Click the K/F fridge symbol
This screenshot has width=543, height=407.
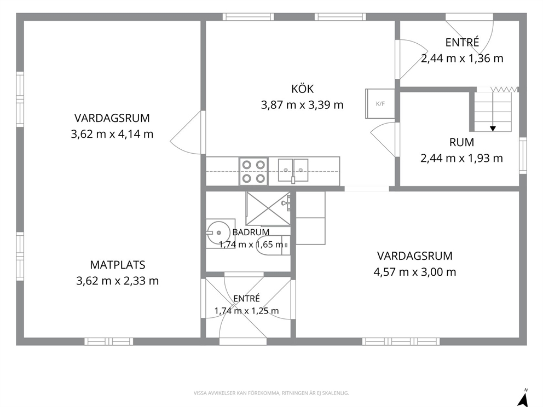pyautogui.click(x=380, y=104)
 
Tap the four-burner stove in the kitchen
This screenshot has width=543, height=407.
pyautogui.click(x=253, y=171)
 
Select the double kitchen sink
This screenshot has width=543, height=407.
pyautogui.click(x=293, y=170)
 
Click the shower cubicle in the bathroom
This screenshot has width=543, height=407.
pyautogui.click(x=268, y=208)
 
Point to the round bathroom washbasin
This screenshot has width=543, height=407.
pyautogui.click(x=217, y=233)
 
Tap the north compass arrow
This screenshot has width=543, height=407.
pyautogui.click(x=523, y=399)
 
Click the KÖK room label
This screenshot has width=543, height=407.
pyautogui.click(x=302, y=89)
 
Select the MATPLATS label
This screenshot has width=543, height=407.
pyautogui.click(x=117, y=265)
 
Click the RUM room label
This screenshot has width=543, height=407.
pyautogui.click(x=461, y=142)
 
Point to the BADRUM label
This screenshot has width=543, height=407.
pyautogui.click(x=251, y=232)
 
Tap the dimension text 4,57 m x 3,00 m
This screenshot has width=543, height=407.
pyautogui.click(x=415, y=272)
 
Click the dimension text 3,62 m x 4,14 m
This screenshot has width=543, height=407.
pyautogui.click(x=112, y=134)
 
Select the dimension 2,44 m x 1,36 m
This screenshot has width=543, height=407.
pyautogui.click(x=462, y=58)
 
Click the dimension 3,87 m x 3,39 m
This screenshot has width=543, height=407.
pyautogui.click(x=302, y=104)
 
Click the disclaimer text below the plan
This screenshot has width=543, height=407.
pyautogui.click(x=271, y=393)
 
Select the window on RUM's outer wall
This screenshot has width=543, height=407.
pyautogui.click(x=523, y=156)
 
